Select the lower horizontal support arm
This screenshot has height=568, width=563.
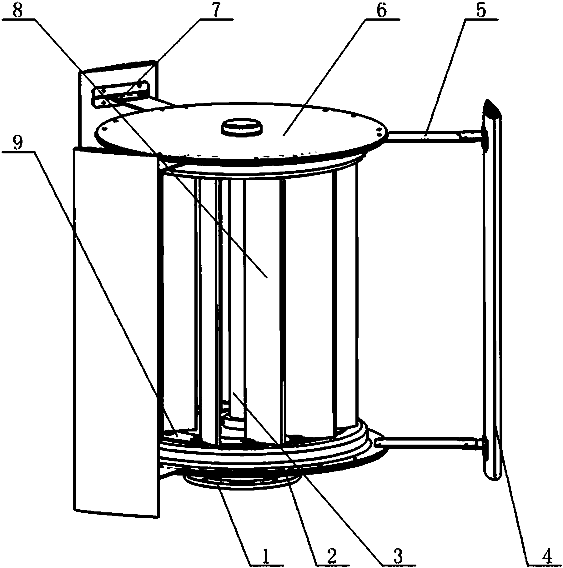point(428,443)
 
